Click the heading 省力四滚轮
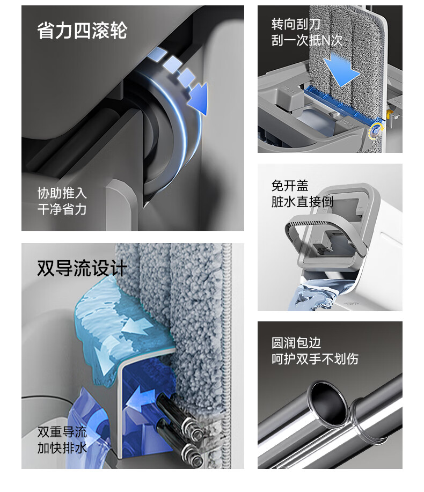pyautogui.click(x=82, y=31)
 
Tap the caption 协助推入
pyautogui.click(x=62, y=193)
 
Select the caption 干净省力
pyautogui.click(x=62, y=209)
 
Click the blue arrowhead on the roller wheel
pyautogui.click(x=199, y=98)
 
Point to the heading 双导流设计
pyautogui.click(x=82, y=268)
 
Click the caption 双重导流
pyautogui.click(x=62, y=432)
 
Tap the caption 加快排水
pyautogui.click(x=62, y=448)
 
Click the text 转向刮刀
pyautogui.click(x=296, y=24)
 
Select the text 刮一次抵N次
pyautogui.click(x=306, y=40)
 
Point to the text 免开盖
pyautogui.click(x=290, y=186)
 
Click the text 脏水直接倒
pyautogui.click(x=302, y=202)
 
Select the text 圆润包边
pyautogui.click(x=296, y=343)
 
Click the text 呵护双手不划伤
pyautogui.click(x=315, y=359)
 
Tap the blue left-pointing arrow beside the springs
pyautogui.click(x=140, y=399)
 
